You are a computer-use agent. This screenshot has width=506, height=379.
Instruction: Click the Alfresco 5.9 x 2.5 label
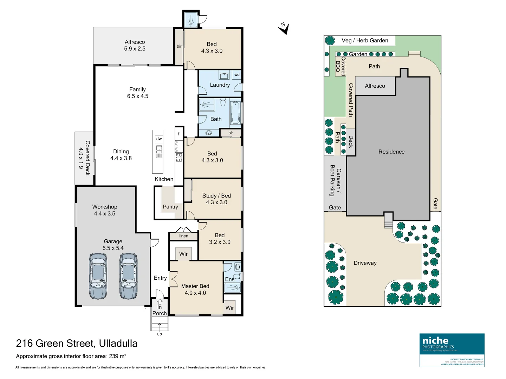(x=135, y=45)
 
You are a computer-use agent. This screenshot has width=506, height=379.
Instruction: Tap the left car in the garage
(x=98, y=276)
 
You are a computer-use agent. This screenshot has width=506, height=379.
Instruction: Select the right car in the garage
(x=129, y=276)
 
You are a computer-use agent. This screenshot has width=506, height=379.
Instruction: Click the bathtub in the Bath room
(x=235, y=113)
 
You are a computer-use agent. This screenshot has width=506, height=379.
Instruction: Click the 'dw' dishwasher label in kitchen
(x=159, y=139)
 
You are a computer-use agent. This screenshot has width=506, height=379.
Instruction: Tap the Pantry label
(x=170, y=207)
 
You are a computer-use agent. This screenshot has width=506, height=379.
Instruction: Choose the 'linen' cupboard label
(x=183, y=236)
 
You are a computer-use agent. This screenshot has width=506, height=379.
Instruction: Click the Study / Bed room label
(x=216, y=199)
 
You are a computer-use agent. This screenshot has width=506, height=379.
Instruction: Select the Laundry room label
(x=220, y=85)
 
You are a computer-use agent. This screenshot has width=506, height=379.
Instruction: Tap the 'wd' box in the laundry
(x=237, y=74)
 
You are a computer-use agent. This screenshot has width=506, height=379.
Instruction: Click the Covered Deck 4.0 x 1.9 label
(x=84, y=158)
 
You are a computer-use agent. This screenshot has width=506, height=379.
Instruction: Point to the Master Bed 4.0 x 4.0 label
(x=195, y=290)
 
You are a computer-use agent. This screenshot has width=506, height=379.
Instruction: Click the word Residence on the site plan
(x=391, y=152)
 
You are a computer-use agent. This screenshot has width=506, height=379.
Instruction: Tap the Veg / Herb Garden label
(x=365, y=40)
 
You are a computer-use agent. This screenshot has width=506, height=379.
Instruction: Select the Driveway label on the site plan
(x=365, y=263)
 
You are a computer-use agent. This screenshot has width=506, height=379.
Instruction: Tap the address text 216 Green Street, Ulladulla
(x=77, y=343)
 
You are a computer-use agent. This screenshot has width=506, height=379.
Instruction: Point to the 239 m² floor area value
(x=117, y=356)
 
